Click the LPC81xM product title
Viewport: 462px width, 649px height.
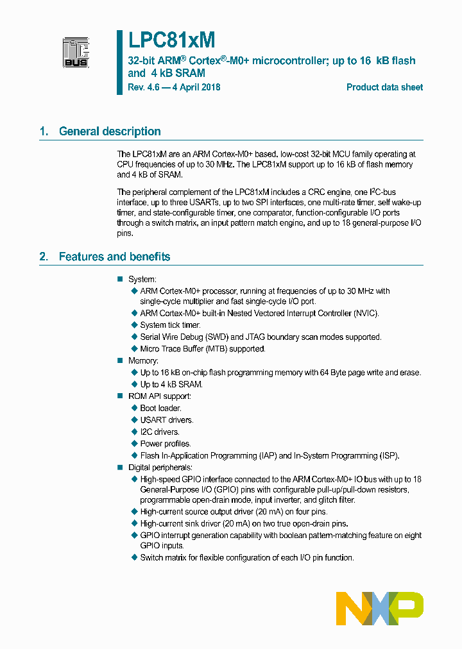click(x=171, y=40)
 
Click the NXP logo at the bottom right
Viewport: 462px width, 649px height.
click(x=380, y=608)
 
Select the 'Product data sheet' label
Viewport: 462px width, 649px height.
click(x=384, y=87)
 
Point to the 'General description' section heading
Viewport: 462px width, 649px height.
click(x=110, y=131)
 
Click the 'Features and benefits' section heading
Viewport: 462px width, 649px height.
click(x=114, y=257)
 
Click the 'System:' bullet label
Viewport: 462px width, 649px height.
click(x=142, y=279)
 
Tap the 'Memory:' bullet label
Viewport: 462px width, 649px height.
click(x=143, y=360)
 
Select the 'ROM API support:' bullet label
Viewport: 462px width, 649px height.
click(x=159, y=396)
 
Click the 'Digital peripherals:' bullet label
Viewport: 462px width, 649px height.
click(x=160, y=468)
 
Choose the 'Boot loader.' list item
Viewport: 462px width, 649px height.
click(x=160, y=408)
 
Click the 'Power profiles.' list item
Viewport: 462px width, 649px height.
click(x=165, y=444)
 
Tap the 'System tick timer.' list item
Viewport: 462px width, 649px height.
click(x=170, y=325)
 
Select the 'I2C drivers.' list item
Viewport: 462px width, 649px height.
click(x=160, y=432)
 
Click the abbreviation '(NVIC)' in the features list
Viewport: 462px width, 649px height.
click(x=366, y=314)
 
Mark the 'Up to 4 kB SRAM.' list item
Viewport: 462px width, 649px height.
click(x=171, y=384)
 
